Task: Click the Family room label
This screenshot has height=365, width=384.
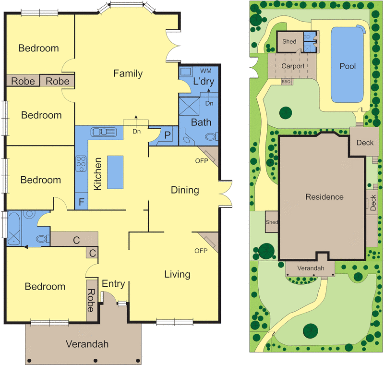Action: point(128,73)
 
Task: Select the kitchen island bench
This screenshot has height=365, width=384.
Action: point(114,172)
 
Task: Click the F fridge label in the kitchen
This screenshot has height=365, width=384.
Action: point(81,202)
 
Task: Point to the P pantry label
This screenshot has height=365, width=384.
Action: point(167,135)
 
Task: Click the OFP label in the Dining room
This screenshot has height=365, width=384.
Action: point(201,160)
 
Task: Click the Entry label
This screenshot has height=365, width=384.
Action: point(113,284)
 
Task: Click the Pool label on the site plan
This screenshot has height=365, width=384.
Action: point(348,66)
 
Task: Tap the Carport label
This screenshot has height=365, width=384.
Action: point(293,66)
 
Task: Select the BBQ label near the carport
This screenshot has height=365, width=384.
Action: point(286,82)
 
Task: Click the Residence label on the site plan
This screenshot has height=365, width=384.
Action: point(325,197)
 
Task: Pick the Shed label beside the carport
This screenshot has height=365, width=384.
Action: point(289,42)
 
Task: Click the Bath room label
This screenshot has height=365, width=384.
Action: point(201,122)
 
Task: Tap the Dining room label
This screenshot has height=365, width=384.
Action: point(185,190)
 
